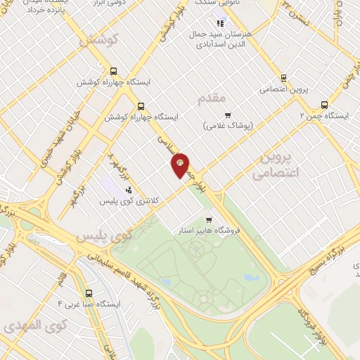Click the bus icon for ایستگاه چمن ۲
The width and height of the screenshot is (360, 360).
(x=324, y=103)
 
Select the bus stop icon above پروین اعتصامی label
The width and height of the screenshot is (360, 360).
(x=284, y=78)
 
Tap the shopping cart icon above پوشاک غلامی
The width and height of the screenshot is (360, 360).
(x=227, y=115)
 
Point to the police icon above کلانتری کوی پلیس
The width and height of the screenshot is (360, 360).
(x=128, y=190)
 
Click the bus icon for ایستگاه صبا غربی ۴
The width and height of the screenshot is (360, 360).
(x=89, y=293)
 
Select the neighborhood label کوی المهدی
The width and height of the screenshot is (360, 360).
(x=34, y=326)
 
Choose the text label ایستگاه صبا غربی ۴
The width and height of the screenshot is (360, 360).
(x=91, y=304)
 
